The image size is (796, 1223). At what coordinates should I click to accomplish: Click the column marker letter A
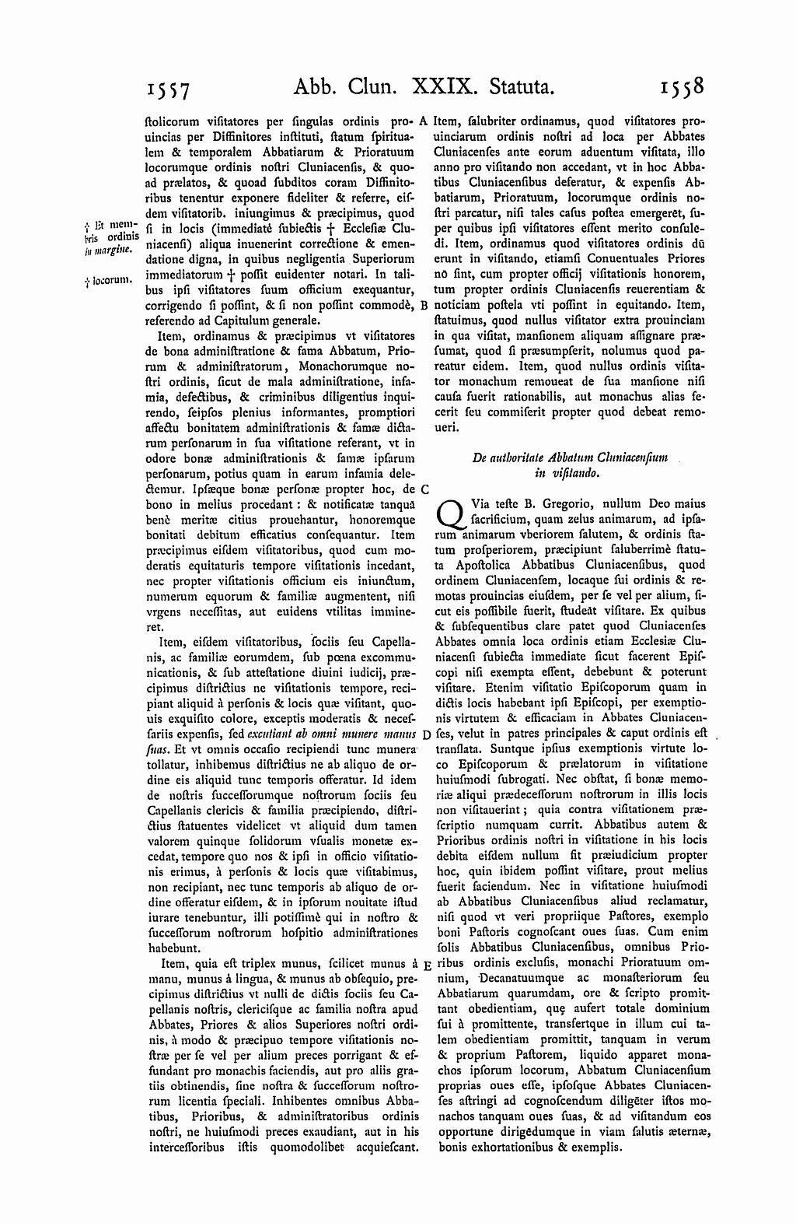pyautogui.click(x=424, y=121)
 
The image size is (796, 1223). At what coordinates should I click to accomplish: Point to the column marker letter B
pyautogui.click(x=424, y=306)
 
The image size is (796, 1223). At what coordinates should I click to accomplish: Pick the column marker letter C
pyautogui.click(x=424, y=490)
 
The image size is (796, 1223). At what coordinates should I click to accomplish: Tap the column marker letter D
pyautogui.click(x=424, y=734)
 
